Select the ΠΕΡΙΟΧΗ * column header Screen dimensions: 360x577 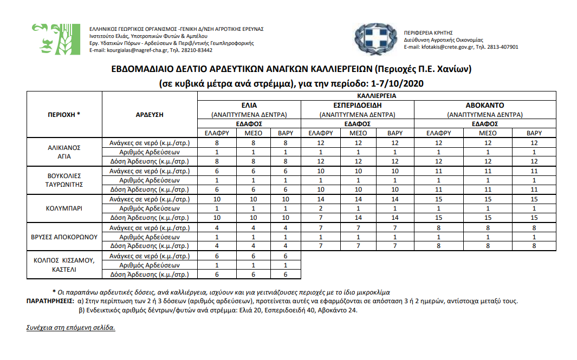click(x=64, y=114)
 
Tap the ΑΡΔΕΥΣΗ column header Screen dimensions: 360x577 click(x=149, y=114)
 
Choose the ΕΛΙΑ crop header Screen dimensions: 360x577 click(x=249, y=105)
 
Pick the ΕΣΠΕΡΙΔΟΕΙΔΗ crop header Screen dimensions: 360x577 click(x=357, y=105)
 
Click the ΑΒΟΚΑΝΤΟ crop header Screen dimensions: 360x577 click(x=485, y=105)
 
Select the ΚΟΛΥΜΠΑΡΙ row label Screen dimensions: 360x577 click(x=64, y=208)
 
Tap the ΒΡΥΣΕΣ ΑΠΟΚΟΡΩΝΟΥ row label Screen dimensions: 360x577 click(x=64, y=237)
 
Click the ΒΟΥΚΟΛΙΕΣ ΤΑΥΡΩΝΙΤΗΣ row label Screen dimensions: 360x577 click(x=64, y=180)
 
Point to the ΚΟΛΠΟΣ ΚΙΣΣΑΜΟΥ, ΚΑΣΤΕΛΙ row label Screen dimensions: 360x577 click(x=64, y=265)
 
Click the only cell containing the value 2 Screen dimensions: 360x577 click(x=321, y=208)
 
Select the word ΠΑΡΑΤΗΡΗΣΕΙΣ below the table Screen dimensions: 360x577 click(x=50, y=301)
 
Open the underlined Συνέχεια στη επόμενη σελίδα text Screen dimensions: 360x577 click(x=70, y=328)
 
